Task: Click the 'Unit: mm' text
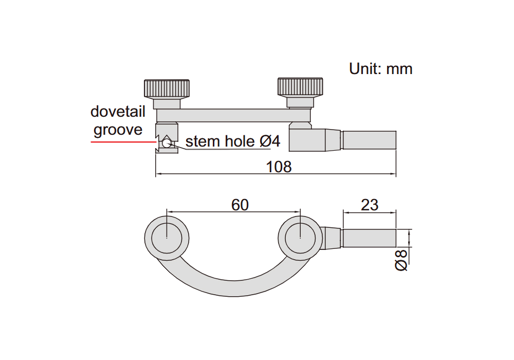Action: pos(380,69)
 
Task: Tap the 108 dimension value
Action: pos(279,167)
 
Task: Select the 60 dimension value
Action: pos(240,205)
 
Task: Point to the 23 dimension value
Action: pos(370,205)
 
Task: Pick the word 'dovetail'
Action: pos(118,112)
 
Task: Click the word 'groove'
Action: pos(118,130)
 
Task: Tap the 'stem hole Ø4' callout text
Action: pos(233,141)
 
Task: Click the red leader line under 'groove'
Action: pos(123,142)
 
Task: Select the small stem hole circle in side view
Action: pos(167,143)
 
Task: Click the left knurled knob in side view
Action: pos(167,88)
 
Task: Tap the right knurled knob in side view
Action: pos(300,87)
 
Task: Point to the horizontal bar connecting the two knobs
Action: pos(233,115)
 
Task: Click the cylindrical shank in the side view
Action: pos(369,140)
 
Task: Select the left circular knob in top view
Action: pos(167,238)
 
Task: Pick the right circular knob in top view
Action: pos(300,238)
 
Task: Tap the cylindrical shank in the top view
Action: pos(369,238)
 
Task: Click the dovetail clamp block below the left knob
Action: pos(167,138)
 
